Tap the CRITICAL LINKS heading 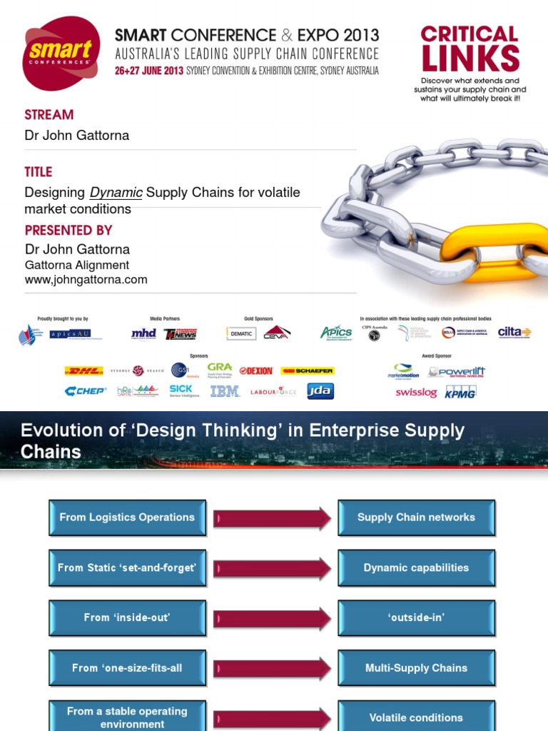(x=469, y=49)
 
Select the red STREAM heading (x=49, y=114)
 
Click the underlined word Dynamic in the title (x=116, y=193)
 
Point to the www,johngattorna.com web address (x=86, y=280)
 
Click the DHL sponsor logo (x=83, y=370)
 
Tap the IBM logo (x=225, y=391)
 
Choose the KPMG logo (x=460, y=392)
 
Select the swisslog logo (x=416, y=393)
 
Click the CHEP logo (x=85, y=390)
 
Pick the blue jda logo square (x=320, y=390)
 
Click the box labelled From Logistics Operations (x=127, y=518)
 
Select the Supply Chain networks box (x=416, y=518)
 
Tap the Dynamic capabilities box (x=416, y=568)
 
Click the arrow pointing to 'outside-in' (x=273, y=618)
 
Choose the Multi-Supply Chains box (x=416, y=668)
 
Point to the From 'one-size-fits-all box (x=127, y=668)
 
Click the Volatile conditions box (x=416, y=717)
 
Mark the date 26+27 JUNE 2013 (x=149, y=71)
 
